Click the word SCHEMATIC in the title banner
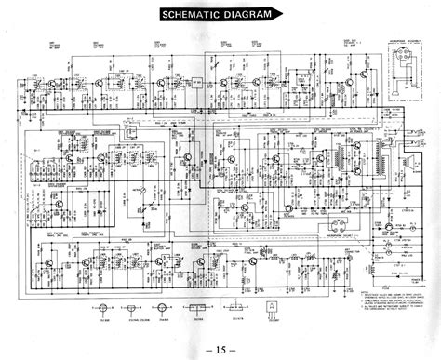(x=189, y=16)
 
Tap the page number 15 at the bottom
(x=220, y=346)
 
